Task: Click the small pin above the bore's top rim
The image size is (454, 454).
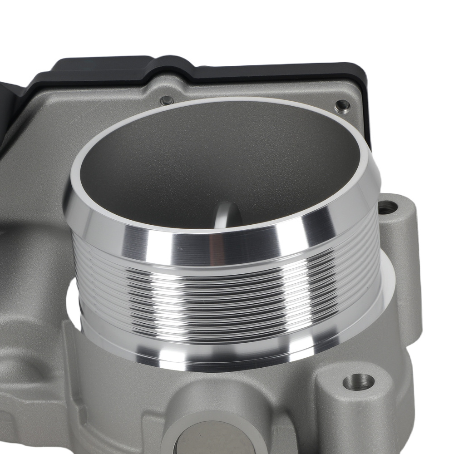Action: [x=168, y=99]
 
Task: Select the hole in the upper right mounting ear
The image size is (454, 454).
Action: [x=387, y=208]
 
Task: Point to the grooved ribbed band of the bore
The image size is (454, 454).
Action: [x=227, y=291]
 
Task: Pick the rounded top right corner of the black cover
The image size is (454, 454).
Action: [x=361, y=75]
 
